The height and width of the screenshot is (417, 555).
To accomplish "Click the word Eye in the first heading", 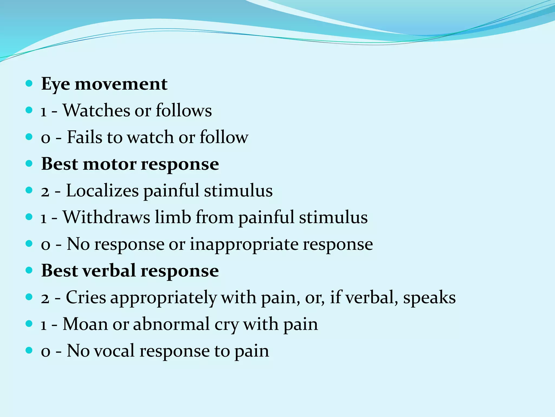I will (x=55, y=84).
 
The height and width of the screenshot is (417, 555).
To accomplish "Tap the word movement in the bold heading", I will (x=121, y=84).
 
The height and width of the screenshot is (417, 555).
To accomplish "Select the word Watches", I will (x=96, y=110).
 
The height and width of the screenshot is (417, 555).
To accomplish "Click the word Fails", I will (x=84, y=137).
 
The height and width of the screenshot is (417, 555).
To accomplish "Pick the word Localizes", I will (x=102, y=191).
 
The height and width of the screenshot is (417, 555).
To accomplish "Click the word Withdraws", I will (x=106, y=217).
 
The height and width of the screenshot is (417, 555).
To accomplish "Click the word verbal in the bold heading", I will (x=109, y=271).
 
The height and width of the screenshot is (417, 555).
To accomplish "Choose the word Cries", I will (x=86, y=297).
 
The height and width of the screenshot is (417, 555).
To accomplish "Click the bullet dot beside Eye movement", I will (x=29, y=83).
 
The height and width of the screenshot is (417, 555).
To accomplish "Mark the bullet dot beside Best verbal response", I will (x=29, y=270).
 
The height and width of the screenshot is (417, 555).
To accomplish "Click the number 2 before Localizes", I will (x=45, y=191).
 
